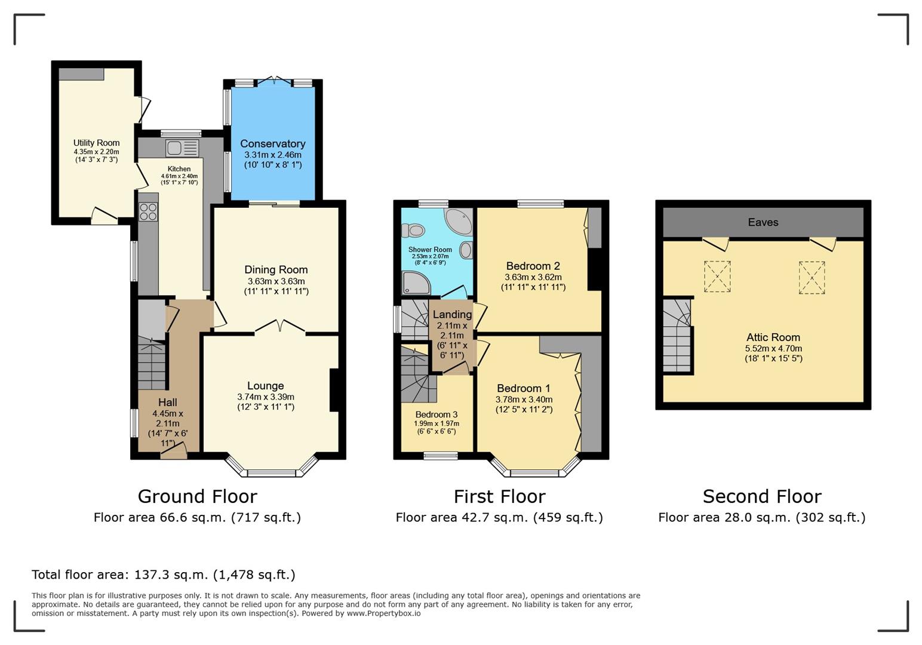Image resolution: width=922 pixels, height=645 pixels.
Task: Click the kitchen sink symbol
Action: coord(182,148)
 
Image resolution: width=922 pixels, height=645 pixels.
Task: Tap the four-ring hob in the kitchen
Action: coord(148,212)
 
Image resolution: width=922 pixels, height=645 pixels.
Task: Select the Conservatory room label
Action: coord(272,143)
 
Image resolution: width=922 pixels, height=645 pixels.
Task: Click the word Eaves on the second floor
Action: coord(763,222)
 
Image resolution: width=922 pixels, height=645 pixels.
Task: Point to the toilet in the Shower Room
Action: coord(413,230)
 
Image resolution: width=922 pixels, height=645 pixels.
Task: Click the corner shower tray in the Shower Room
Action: coord(416,283)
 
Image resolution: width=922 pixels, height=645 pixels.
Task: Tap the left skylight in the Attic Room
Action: coord(717,277)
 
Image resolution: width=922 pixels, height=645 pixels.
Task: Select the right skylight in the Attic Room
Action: coord(812,278)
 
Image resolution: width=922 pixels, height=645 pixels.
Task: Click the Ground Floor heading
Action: coord(197,496)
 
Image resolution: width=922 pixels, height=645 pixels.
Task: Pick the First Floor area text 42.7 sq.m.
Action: coord(499,517)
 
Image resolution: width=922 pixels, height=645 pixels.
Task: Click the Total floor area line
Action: coord(163,575)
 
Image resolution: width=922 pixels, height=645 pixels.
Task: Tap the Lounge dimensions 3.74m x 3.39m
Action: coord(265,397)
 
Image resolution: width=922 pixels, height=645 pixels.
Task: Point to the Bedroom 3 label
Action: coord(437,414)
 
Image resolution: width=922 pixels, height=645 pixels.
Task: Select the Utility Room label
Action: coord(96,143)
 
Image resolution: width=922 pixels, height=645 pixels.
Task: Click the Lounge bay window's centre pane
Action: coord(272,473)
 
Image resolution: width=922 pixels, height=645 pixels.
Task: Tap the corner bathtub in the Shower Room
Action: coord(459,222)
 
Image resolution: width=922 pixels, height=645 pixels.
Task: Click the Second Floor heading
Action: coord(762,496)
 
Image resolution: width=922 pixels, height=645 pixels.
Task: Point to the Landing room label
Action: coord(452,314)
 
